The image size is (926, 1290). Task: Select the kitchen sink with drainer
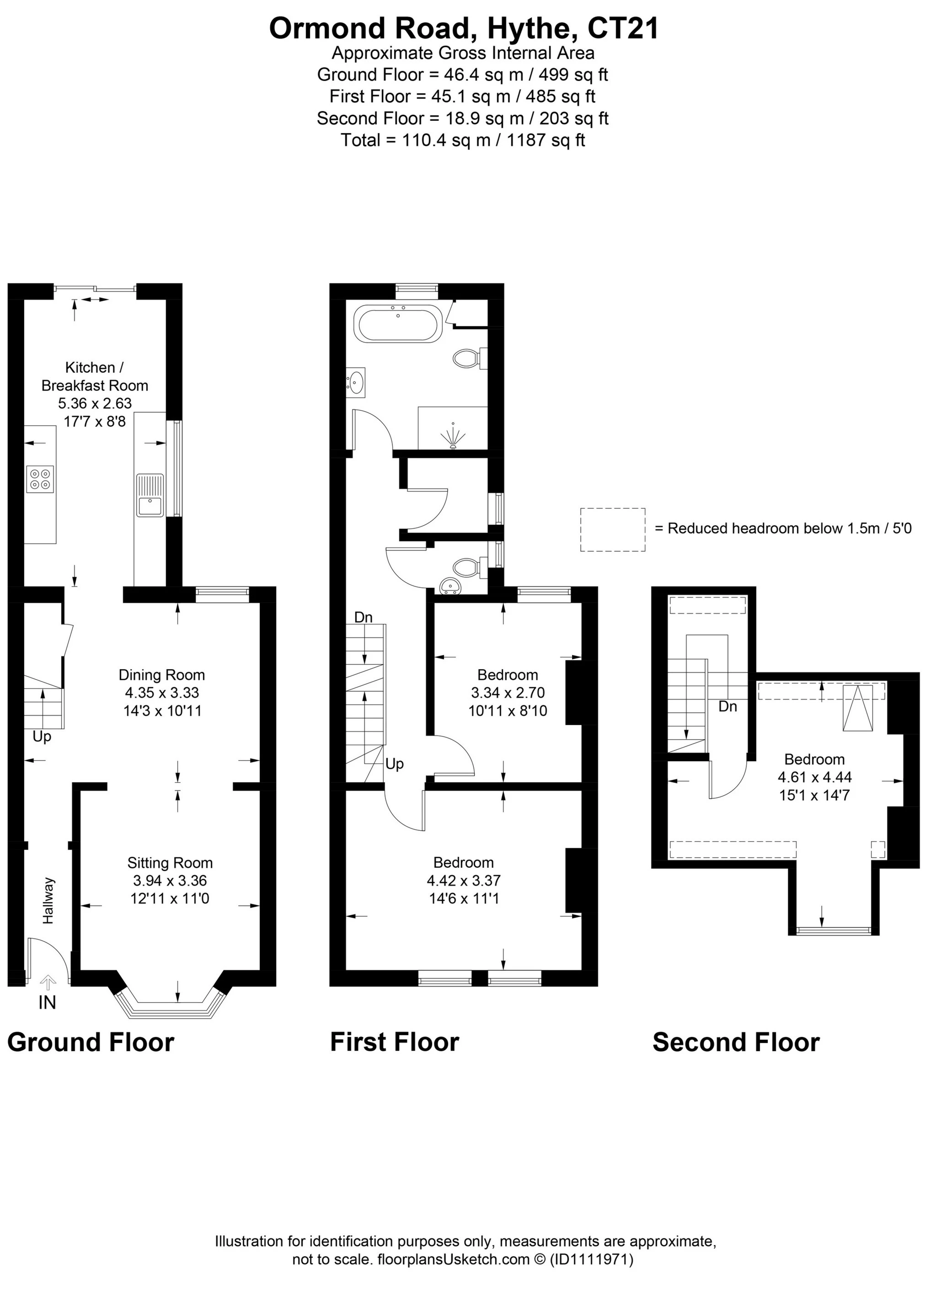click(150, 495)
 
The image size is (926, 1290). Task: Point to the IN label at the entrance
click(47, 1003)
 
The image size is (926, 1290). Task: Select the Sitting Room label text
click(170, 863)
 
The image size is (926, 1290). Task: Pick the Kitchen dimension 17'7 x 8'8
click(95, 421)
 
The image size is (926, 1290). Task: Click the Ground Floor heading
click(91, 1043)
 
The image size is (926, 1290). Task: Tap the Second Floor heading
click(736, 1043)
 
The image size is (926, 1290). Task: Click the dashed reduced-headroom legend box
click(613, 530)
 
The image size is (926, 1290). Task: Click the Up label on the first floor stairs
click(395, 764)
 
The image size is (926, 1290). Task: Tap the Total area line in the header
click(463, 140)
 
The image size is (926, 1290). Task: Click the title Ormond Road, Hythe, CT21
click(463, 28)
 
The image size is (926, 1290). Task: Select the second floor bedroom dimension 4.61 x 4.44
click(814, 777)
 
